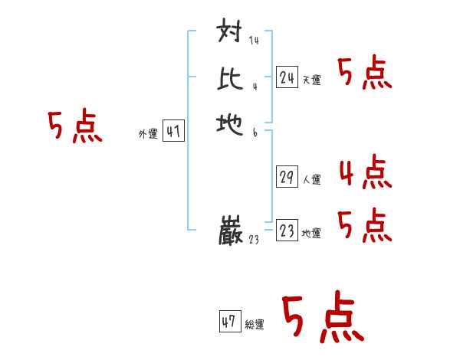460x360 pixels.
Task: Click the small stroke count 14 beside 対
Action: tap(254, 41)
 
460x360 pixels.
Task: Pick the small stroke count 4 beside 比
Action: tap(254, 87)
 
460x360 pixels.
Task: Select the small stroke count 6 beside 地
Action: tap(254, 132)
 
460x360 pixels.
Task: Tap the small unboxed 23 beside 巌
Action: tap(255, 240)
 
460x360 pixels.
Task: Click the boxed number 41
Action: tap(173, 132)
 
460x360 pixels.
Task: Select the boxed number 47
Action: tap(229, 322)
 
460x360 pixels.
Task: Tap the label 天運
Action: tap(311, 80)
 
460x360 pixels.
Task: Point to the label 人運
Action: tap(311, 180)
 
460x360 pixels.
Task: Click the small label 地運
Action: tap(311, 234)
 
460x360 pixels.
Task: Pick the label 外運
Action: tap(148, 134)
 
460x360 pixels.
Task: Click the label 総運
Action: tap(255, 325)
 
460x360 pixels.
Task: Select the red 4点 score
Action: tap(365, 172)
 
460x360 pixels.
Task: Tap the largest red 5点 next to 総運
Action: tap(322, 318)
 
